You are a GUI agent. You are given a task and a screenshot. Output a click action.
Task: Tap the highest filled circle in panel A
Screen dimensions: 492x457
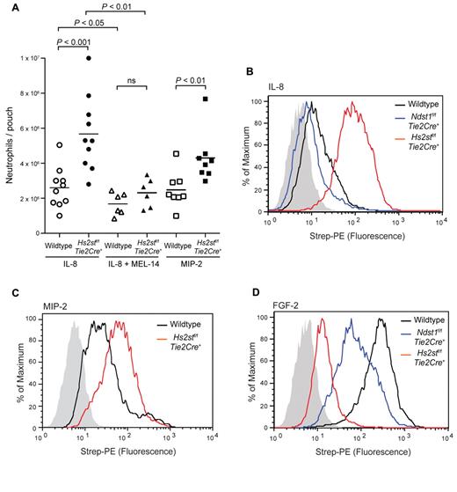[86, 58]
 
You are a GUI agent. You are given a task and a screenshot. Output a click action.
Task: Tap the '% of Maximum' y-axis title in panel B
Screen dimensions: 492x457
[243, 158]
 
